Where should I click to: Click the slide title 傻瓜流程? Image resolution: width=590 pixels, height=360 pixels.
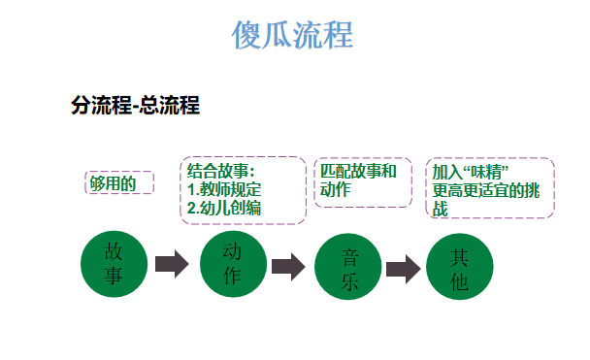point(292,35)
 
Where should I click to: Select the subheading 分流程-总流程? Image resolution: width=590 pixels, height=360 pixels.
point(135,106)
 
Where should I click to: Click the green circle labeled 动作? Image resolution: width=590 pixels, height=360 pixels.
point(233,263)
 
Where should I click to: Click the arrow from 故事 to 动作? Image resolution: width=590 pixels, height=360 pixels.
point(172,264)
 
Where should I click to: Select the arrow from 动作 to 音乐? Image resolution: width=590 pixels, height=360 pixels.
point(288,266)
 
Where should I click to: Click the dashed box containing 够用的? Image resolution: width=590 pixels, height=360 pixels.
point(120,182)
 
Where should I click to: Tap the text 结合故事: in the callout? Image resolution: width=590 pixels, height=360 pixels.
point(220,172)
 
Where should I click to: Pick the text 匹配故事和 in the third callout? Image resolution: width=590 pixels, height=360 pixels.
point(358,172)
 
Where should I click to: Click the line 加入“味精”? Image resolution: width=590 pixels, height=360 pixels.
point(472,173)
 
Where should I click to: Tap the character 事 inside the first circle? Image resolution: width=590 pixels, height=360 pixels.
point(115,276)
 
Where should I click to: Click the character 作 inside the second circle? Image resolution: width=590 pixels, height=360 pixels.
point(233,276)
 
